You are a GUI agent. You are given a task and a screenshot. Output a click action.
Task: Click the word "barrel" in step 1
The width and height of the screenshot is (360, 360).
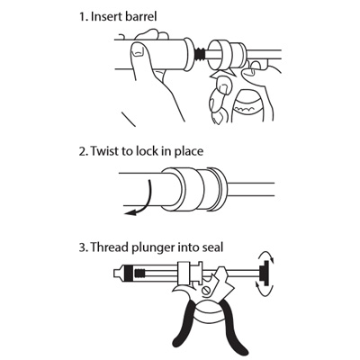click(140, 16)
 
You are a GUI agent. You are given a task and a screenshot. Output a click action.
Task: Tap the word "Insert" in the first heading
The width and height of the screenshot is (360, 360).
click(105, 16)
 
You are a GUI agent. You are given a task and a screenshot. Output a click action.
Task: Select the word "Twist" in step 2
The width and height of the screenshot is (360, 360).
click(104, 150)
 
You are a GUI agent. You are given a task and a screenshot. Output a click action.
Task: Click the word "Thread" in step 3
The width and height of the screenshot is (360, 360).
click(107, 247)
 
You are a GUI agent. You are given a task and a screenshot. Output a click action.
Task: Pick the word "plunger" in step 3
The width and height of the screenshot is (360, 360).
click(151, 248)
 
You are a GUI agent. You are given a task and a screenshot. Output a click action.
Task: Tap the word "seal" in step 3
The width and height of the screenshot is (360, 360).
click(213, 247)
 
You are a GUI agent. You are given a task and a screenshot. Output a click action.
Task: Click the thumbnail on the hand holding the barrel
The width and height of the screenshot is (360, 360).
click(138, 50)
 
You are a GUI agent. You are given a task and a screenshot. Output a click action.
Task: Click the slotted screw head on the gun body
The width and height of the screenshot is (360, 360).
click(207, 291)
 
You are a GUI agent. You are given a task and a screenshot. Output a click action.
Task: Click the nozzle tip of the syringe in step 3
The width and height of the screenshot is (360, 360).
click(117, 274)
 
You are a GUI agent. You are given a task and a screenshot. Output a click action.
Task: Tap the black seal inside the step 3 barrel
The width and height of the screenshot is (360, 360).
click(128, 274)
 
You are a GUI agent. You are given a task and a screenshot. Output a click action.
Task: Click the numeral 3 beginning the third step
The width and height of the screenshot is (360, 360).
click(82, 247)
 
